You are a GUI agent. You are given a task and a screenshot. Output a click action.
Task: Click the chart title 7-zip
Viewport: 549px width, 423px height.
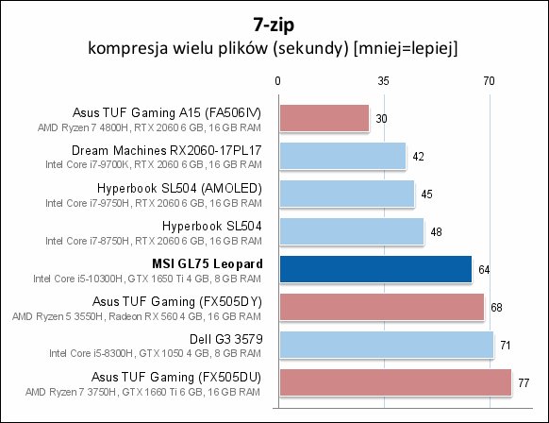[274, 25]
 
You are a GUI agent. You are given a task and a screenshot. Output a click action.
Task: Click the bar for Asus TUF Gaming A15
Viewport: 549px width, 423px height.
[324, 118]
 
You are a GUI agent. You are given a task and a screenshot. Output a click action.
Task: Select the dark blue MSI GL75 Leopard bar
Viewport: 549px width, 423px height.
[375, 269]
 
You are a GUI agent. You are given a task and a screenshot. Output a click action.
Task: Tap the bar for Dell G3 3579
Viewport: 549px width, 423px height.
[387, 345]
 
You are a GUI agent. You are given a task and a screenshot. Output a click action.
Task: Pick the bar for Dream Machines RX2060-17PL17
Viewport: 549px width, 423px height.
[342, 157]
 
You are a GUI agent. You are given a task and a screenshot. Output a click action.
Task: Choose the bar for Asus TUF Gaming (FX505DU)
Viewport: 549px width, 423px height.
[395, 382]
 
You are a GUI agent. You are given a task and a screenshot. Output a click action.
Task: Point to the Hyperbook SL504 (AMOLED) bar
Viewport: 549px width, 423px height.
[347, 194]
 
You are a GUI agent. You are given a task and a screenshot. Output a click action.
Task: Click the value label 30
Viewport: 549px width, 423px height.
[381, 119]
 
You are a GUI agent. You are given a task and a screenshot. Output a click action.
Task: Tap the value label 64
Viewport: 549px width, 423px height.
[484, 270]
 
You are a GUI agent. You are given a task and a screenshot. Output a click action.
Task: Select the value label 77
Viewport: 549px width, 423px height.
[524, 383]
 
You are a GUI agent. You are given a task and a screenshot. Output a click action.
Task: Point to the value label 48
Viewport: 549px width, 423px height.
[436, 232]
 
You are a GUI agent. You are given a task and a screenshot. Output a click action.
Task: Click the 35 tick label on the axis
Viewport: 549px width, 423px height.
[383, 81]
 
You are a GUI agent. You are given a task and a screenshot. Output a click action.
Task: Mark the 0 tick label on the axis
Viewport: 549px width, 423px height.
[277, 81]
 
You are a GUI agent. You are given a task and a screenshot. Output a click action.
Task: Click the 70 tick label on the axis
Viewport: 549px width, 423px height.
[490, 81]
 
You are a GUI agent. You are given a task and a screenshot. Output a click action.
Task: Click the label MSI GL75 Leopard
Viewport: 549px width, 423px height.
[208, 263]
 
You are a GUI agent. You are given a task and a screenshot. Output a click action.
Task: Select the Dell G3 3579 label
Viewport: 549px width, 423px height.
[225, 339]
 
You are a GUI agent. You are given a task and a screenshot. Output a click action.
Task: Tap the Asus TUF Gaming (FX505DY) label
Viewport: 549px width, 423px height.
[177, 302]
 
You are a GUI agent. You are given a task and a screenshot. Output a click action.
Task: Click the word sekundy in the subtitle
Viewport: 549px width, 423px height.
[310, 48]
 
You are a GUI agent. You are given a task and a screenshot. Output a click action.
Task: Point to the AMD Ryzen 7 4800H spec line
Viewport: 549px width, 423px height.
[149, 127]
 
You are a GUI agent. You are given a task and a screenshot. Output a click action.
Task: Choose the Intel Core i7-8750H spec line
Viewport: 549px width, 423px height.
[154, 241]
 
